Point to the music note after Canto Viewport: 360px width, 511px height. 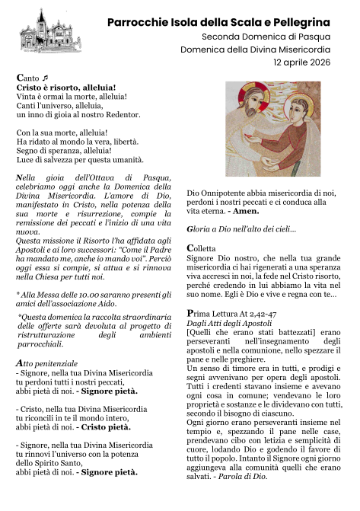click(x=45, y=78)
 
